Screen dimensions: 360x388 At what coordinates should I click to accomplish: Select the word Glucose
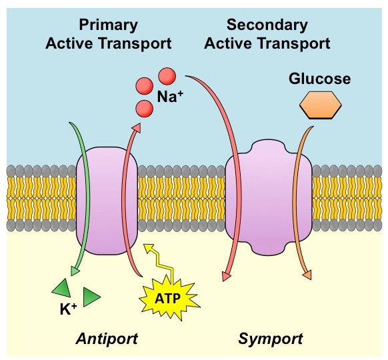click(x=319, y=79)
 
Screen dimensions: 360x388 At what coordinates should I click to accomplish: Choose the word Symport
click(x=270, y=339)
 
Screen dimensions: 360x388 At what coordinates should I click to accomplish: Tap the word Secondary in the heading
click(x=267, y=25)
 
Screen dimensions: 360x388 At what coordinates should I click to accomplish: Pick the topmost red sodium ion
click(x=167, y=75)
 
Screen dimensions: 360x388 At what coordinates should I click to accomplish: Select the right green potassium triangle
click(x=91, y=295)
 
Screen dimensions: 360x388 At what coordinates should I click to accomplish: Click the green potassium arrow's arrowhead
click(x=75, y=271)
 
